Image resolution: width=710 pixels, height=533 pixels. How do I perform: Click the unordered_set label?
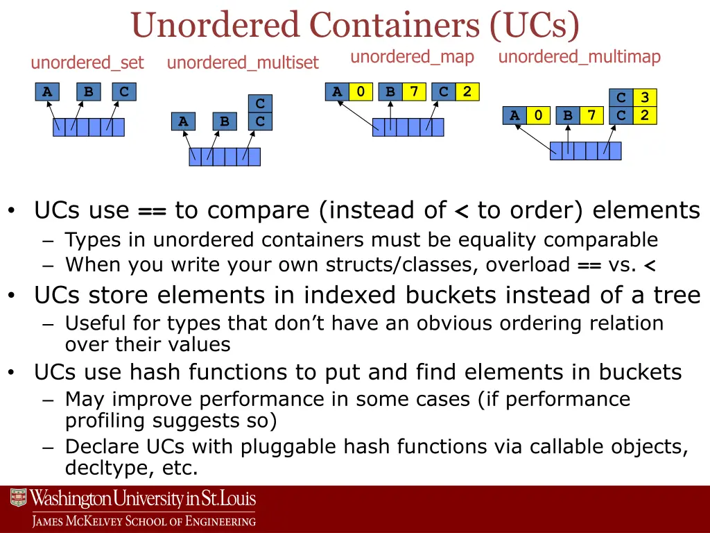click(87, 63)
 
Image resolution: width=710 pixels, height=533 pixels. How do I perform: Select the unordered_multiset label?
click(243, 63)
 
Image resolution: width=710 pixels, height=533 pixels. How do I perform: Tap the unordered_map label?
click(412, 57)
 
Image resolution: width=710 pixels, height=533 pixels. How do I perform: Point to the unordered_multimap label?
click(579, 57)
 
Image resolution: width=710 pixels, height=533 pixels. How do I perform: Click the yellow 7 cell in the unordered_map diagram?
click(414, 92)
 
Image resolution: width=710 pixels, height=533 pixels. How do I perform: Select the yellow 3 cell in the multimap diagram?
click(645, 98)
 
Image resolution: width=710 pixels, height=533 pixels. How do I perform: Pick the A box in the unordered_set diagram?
click(46, 92)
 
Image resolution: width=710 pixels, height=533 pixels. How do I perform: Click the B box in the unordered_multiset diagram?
click(225, 121)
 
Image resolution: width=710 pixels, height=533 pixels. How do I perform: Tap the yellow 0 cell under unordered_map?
click(361, 92)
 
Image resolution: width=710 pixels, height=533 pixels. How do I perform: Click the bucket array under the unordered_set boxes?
click(89, 127)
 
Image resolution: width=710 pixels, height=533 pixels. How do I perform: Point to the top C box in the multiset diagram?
click(260, 104)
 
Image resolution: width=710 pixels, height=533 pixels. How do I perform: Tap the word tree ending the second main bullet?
click(677, 296)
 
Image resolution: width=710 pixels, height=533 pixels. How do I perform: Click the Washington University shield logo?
click(18, 499)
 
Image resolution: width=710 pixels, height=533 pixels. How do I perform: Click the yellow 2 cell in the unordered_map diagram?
click(467, 92)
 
